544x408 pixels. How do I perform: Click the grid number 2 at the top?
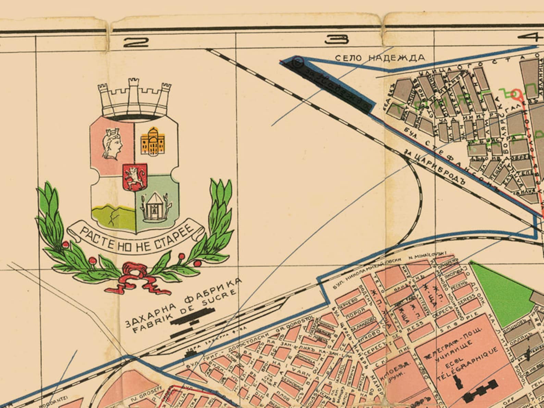136,42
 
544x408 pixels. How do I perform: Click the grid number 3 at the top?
337,40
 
